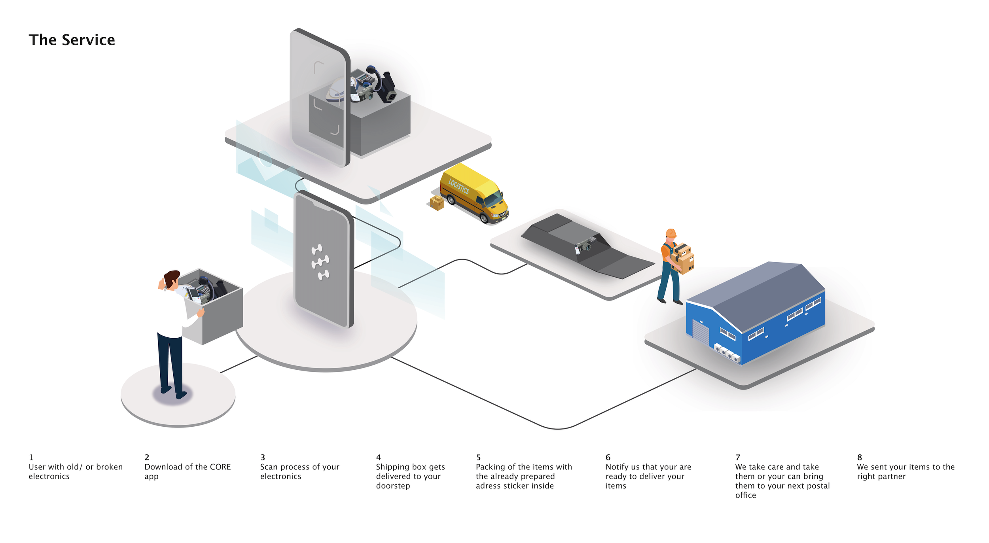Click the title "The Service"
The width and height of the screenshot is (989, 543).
coord(72,40)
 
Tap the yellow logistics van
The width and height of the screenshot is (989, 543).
coord(475,194)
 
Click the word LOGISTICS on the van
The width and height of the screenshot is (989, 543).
coord(459,186)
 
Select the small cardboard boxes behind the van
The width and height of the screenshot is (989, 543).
coord(437,203)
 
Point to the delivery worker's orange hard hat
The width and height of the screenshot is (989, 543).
coord(671,233)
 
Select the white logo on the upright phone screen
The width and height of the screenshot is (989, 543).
coord(320,262)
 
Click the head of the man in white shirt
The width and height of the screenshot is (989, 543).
coord(172,279)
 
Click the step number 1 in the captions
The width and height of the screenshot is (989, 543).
coord(31,458)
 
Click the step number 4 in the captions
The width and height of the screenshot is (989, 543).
coord(378,458)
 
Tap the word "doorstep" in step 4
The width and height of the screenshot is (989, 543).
coord(393,486)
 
